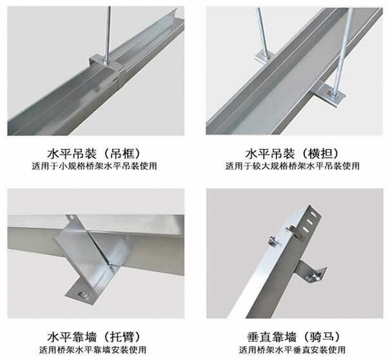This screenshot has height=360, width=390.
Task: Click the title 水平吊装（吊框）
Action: coord(95,154)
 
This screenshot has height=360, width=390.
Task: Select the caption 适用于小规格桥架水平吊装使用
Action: coord(95,166)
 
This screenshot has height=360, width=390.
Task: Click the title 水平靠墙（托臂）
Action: coord(95,337)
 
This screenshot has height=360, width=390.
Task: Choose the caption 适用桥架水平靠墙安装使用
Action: coord(95,350)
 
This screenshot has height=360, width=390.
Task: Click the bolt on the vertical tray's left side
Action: coord(271,240)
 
